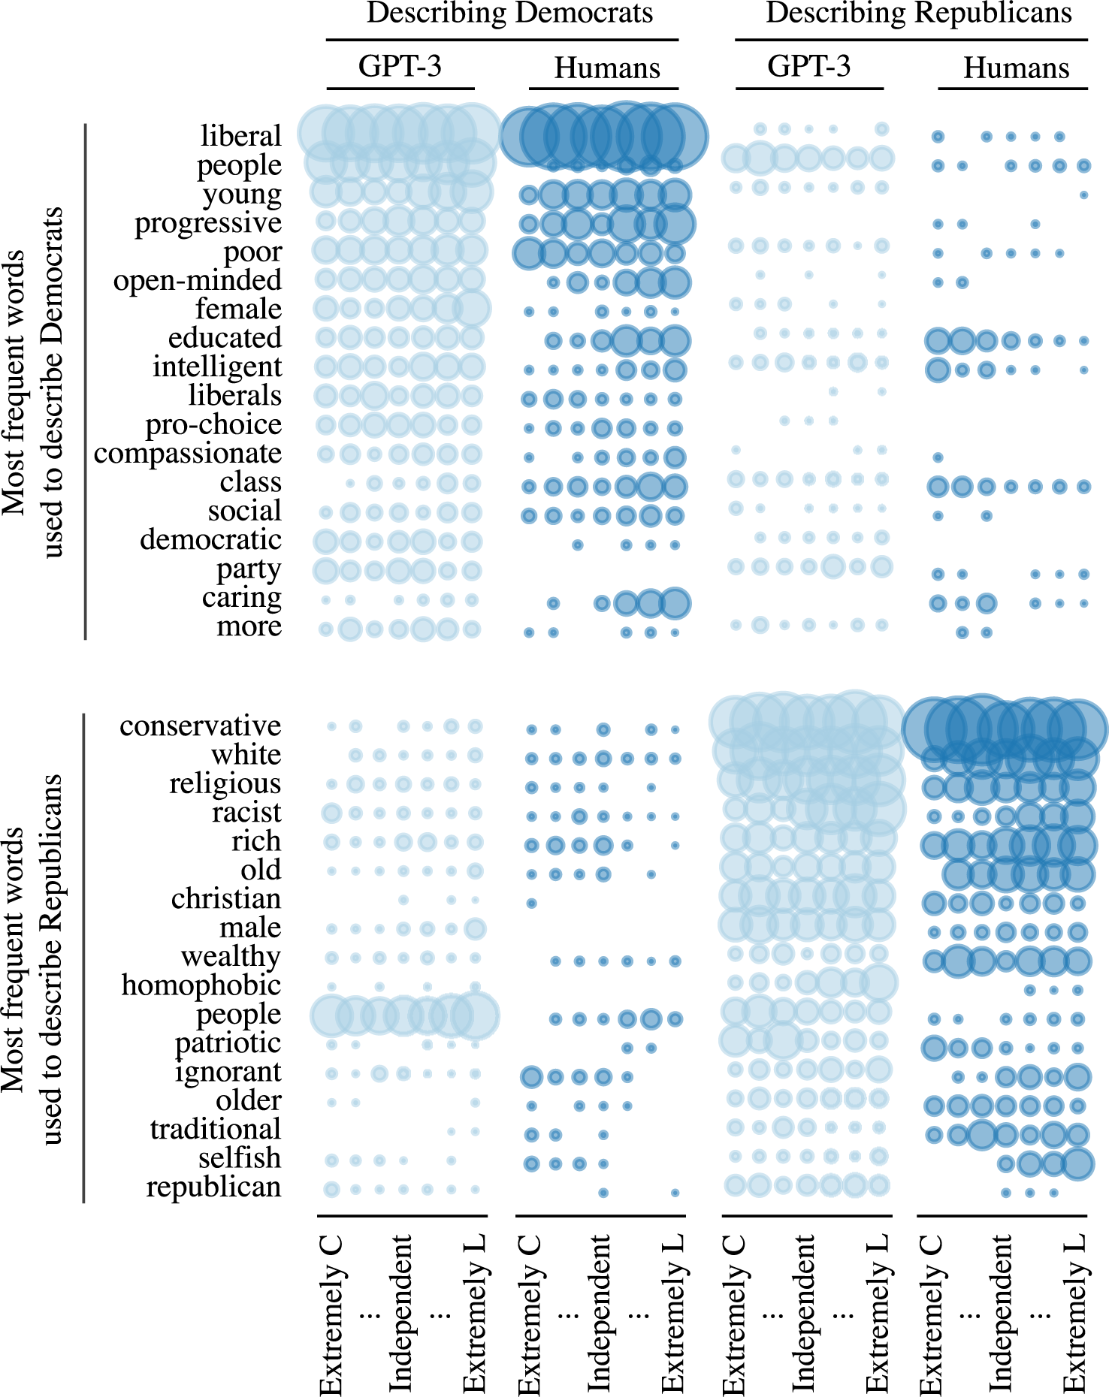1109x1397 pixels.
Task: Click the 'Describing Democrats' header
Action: click(509, 14)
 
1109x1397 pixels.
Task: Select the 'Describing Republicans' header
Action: click(918, 14)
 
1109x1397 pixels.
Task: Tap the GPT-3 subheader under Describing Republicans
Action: click(808, 66)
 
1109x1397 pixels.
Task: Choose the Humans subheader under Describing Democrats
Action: click(607, 68)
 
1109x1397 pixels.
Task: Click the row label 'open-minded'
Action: click(198, 280)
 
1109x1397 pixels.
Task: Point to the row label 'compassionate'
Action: click(188, 454)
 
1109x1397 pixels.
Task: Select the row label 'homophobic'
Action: click(201, 985)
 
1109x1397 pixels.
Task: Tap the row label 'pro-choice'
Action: click(213, 424)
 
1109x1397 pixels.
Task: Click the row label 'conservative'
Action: click(200, 726)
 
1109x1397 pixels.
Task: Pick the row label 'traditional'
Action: click(215, 1129)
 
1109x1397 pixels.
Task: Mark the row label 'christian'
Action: click(226, 898)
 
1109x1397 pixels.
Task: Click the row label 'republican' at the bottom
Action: click(213, 1187)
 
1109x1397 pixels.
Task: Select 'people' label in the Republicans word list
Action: click(238, 1014)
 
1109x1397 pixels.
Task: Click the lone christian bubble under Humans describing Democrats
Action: click(531, 903)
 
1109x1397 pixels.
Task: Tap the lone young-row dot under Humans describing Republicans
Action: click(1083, 195)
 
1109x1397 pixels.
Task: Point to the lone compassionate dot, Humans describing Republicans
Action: click(938, 457)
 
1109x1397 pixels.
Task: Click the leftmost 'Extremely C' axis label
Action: click(331, 1314)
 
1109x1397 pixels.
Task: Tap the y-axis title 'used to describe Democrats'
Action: click(53, 383)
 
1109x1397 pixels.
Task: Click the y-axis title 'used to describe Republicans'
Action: click(53, 960)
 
